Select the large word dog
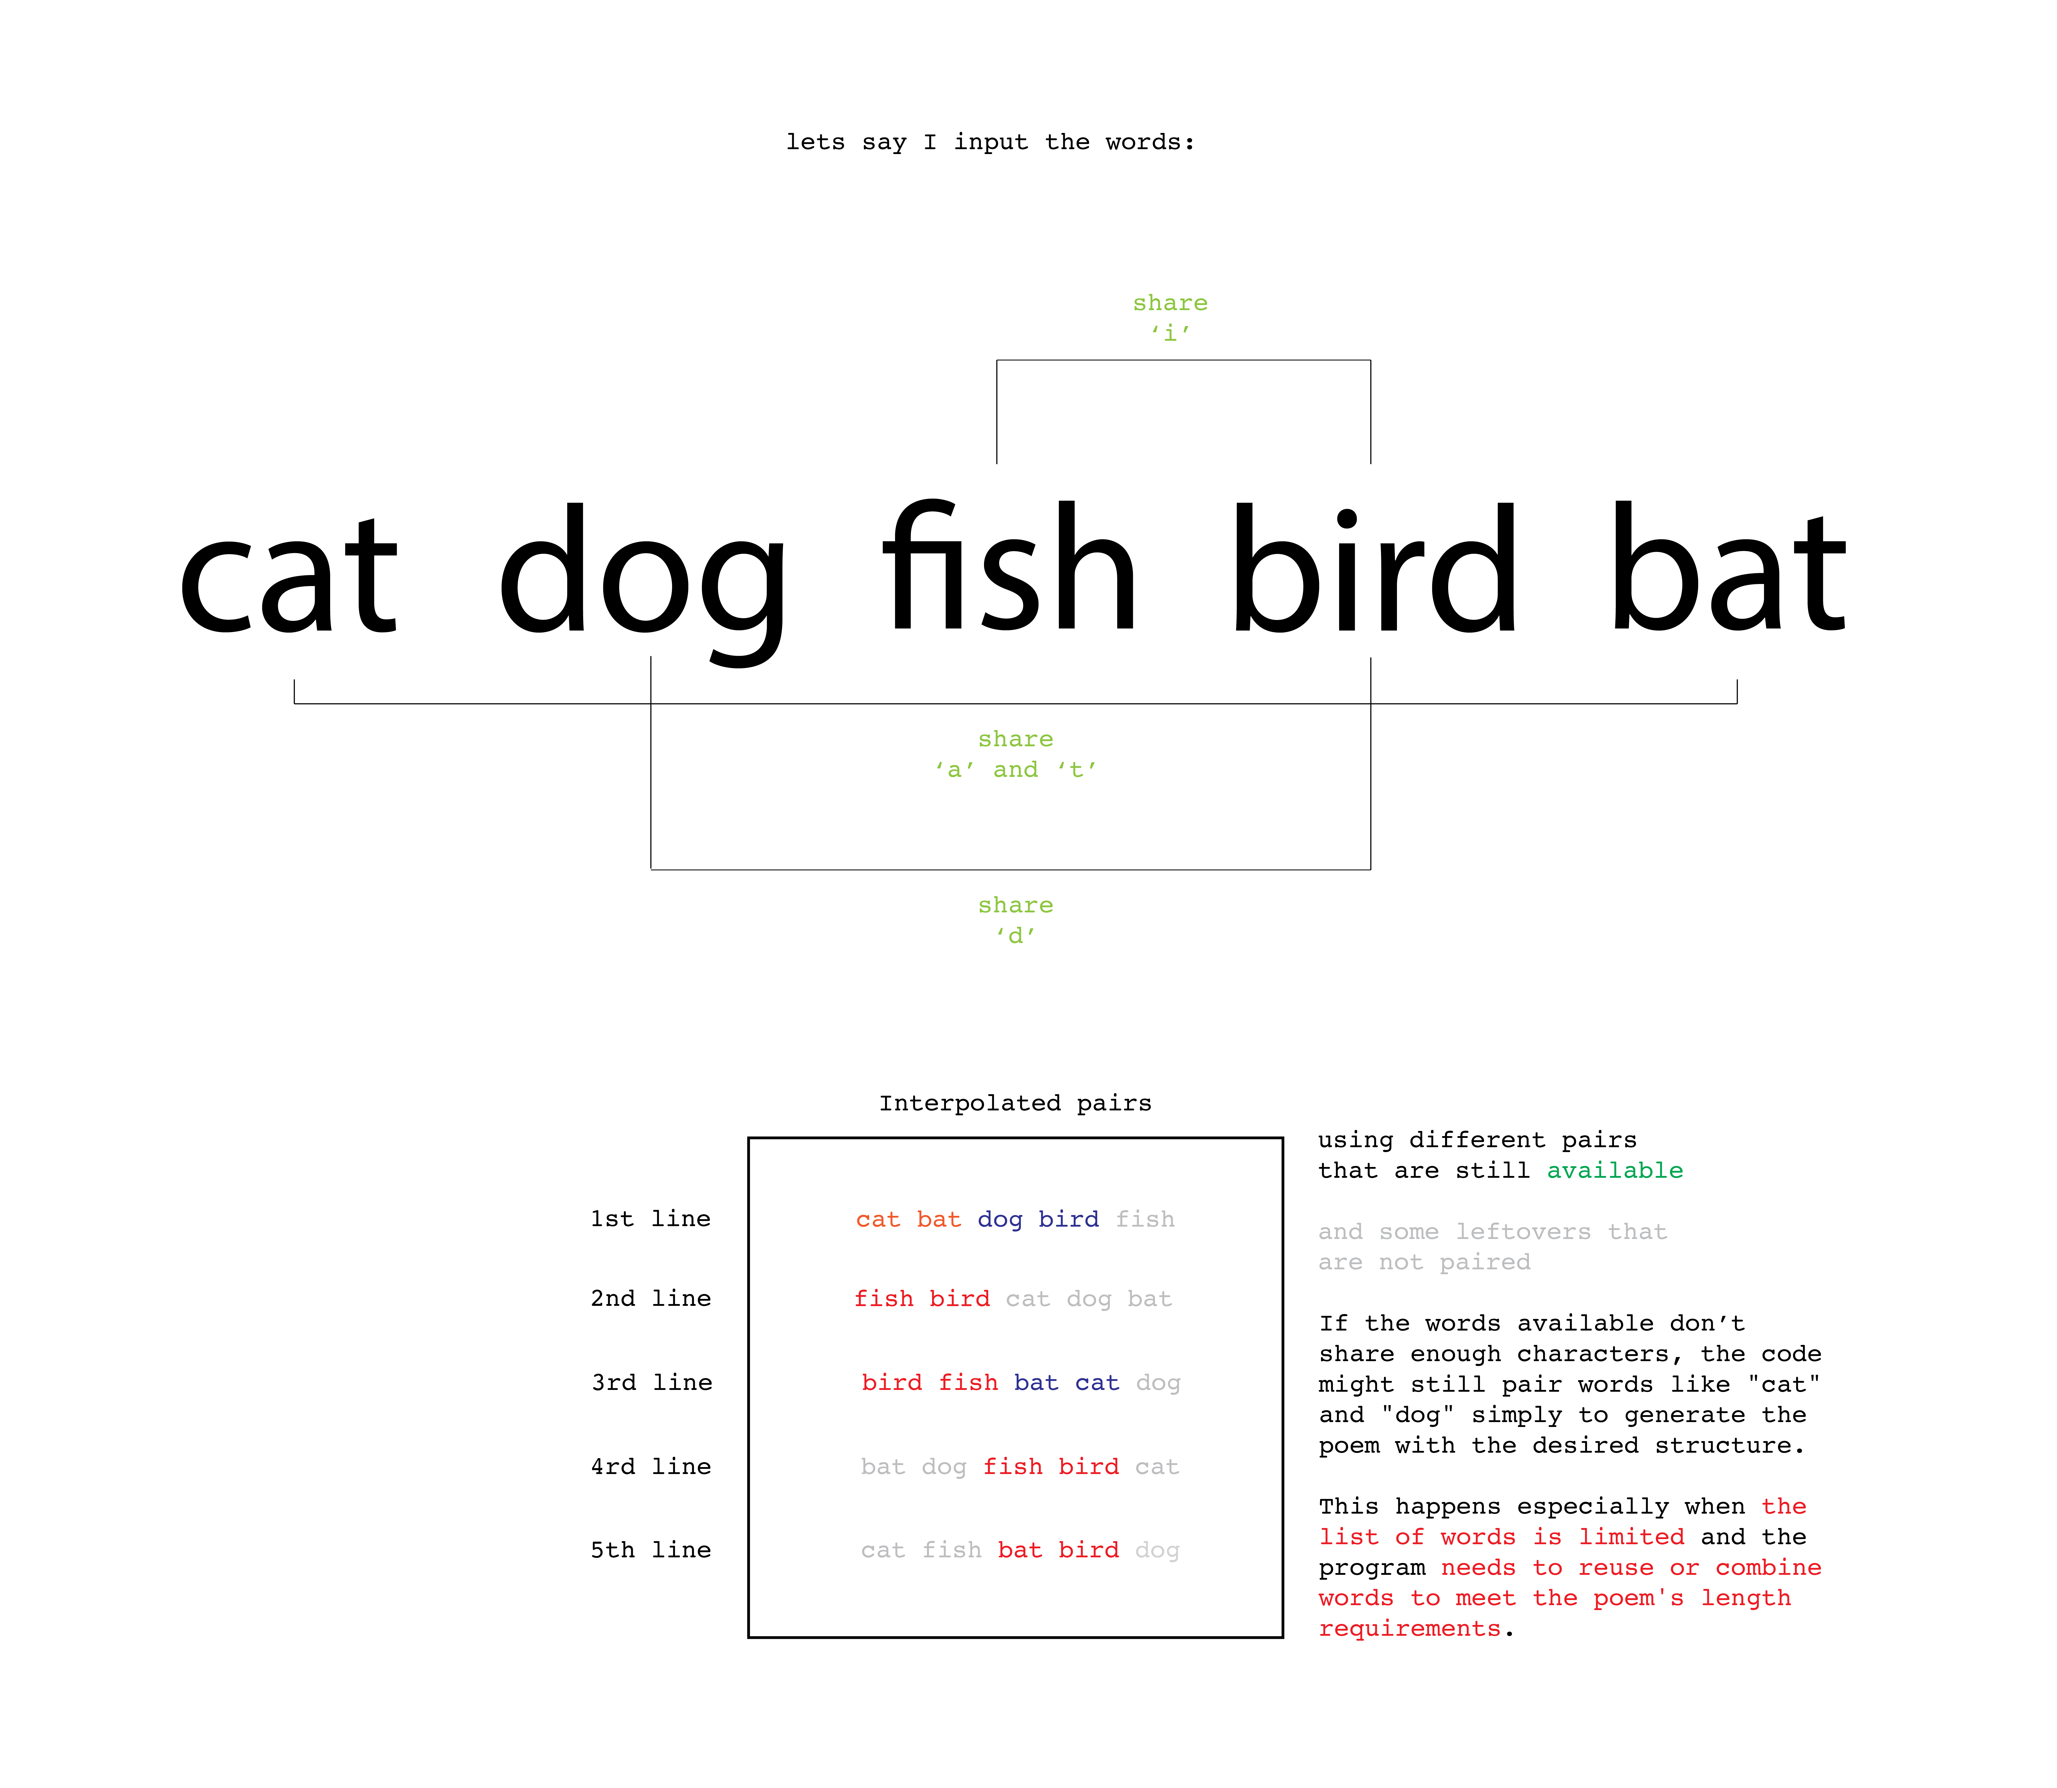pos(642,579)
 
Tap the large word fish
pos(1009,569)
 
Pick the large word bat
pos(1729,569)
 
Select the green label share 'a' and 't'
pos(1016,754)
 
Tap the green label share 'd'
pos(1016,920)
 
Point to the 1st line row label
pos(651,1218)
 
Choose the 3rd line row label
pos(651,1382)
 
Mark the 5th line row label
pos(651,1550)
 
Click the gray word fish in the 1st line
pos(1145,1219)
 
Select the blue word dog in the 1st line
pos(999,1219)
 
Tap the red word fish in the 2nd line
pos(884,1298)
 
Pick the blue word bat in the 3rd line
pos(1035,1382)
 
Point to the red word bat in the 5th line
pos(1020,1550)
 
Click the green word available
pos(1614,1170)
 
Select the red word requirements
pos(1410,1628)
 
